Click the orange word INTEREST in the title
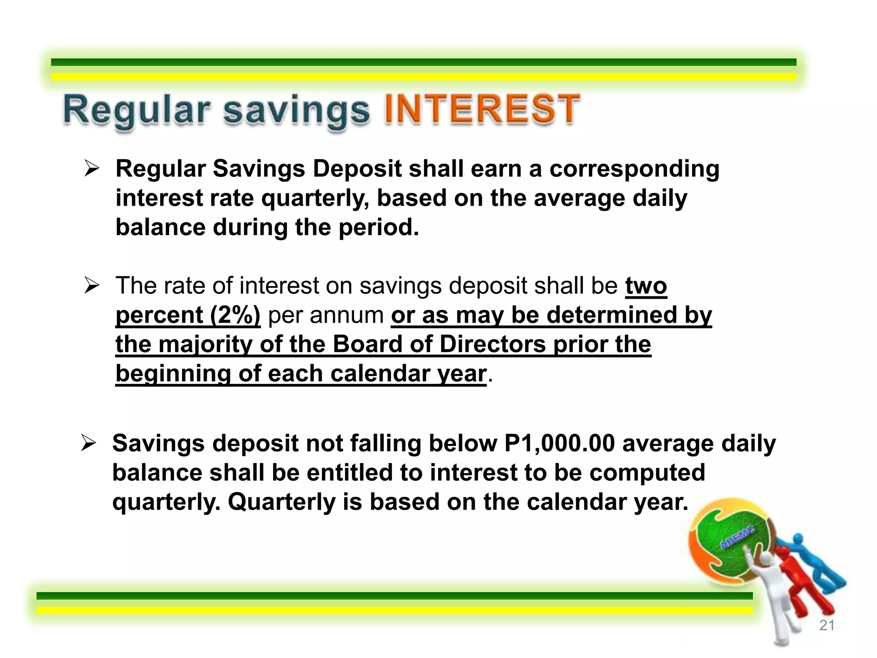(482, 110)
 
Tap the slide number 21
(826, 625)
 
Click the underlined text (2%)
(235, 315)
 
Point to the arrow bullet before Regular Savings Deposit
(91, 169)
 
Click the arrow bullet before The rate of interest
(91, 286)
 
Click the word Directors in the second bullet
(492, 344)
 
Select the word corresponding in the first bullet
(634, 169)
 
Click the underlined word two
(646, 286)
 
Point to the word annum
(346, 315)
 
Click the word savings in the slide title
(296, 111)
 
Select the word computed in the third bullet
(647, 473)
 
